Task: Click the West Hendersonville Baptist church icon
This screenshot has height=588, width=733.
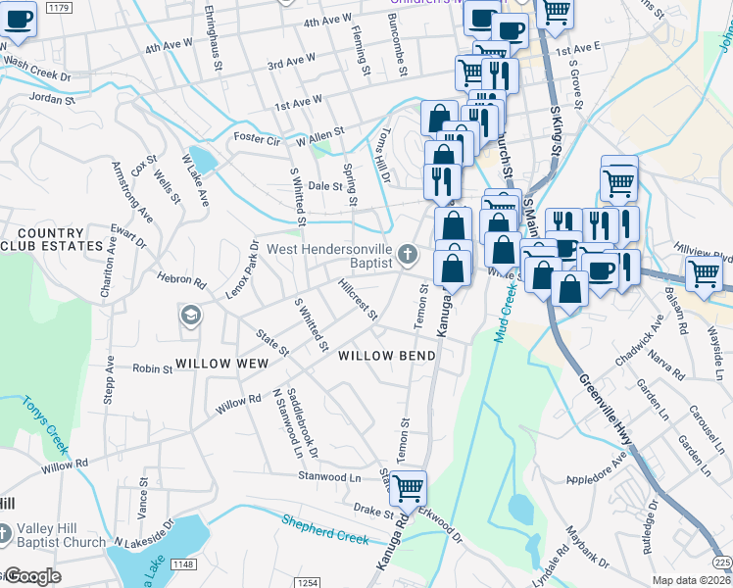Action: (409, 258)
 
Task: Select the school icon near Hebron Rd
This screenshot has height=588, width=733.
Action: (190, 316)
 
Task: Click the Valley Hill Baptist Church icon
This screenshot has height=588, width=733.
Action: (6, 534)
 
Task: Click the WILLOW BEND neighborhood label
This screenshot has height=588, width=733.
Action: (386, 356)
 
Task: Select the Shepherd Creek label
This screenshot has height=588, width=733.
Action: (326, 529)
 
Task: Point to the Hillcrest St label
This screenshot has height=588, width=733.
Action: (357, 300)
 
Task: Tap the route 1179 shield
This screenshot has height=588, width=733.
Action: (59, 8)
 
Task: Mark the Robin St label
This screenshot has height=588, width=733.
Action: (153, 369)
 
